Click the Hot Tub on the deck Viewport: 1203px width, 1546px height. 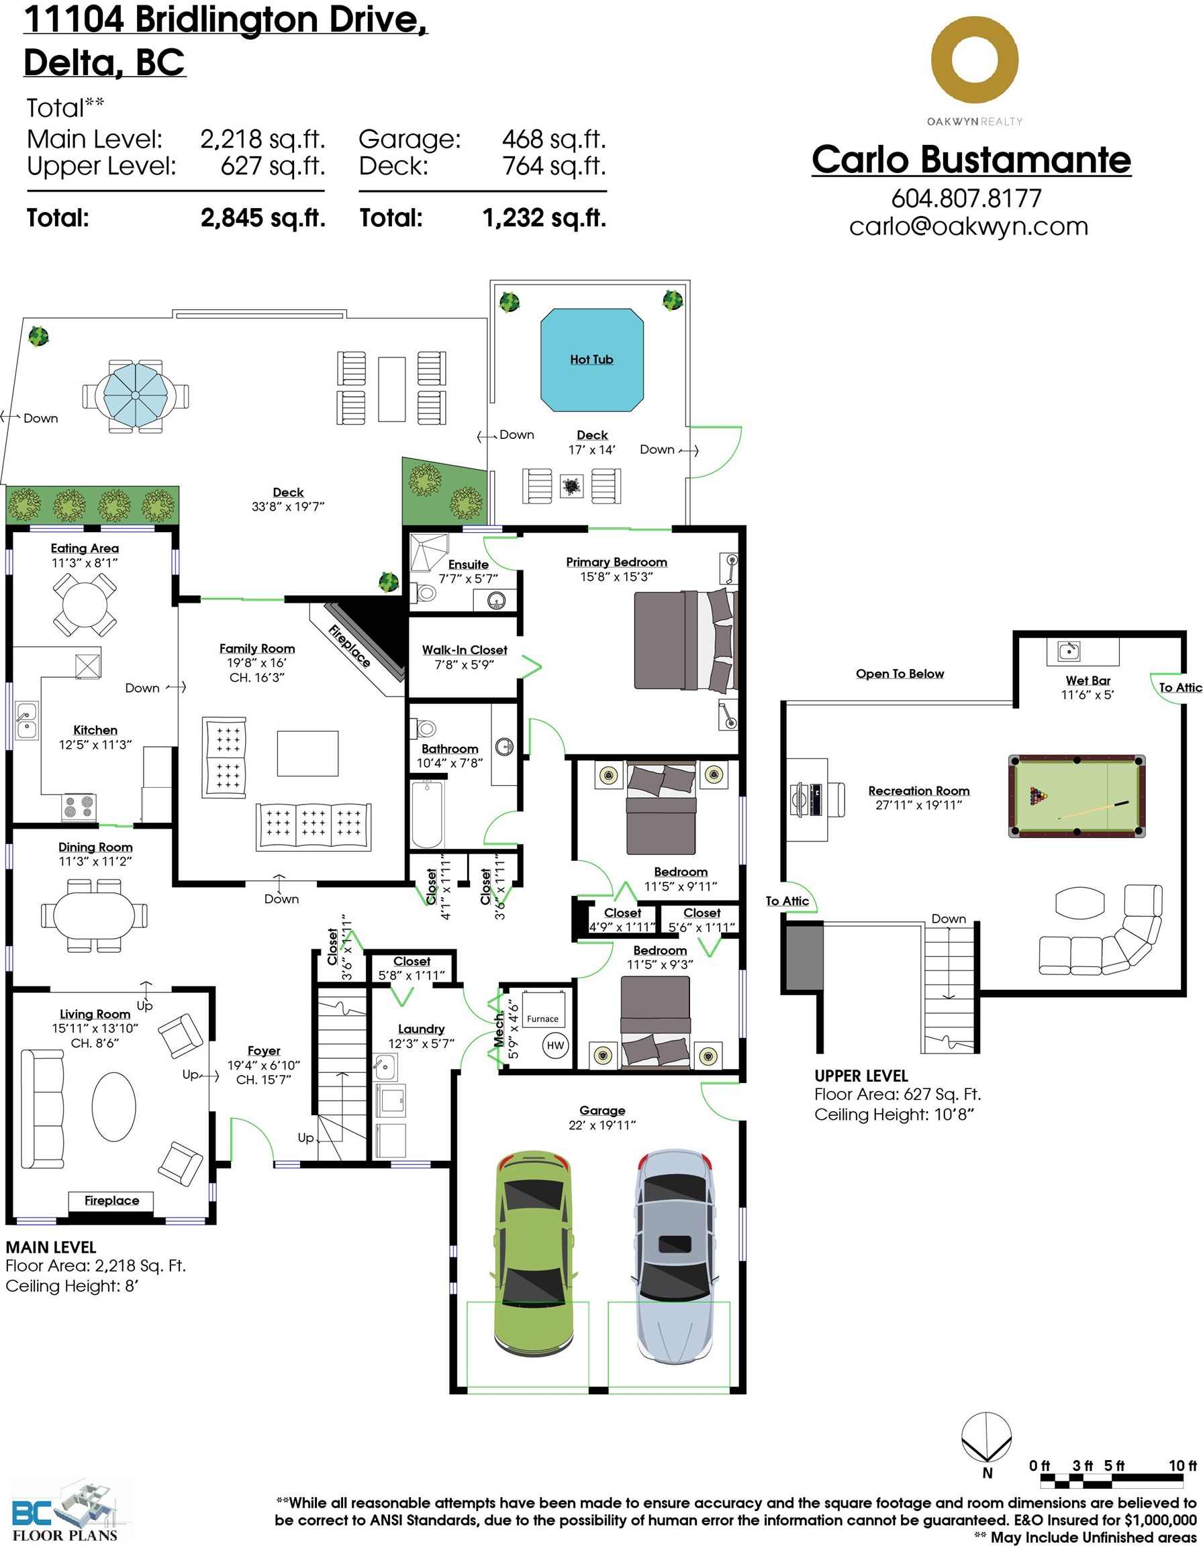point(592,360)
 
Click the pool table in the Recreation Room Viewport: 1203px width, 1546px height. point(1077,796)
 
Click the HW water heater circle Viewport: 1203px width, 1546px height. point(556,1045)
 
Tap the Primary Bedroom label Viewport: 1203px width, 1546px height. point(617,562)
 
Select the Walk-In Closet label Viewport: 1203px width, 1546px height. point(465,650)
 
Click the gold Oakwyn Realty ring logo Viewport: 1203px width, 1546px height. point(974,60)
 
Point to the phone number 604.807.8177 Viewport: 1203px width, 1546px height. point(967,198)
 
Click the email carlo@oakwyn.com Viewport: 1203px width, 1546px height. point(969,227)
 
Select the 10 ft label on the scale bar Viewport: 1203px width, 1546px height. point(1182,1465)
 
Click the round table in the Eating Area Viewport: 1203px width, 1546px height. point(85,604)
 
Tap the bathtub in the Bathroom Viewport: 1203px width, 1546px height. point(428,814)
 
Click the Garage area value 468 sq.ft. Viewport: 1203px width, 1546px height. point(554,140)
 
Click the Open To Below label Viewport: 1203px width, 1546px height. point(900,674)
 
